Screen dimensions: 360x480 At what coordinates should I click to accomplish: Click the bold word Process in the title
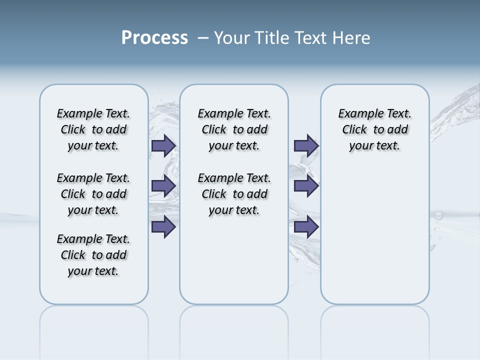pos(154,38)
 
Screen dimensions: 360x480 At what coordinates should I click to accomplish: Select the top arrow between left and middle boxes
pos(163,146)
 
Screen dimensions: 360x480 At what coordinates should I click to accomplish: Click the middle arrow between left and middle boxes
pos(163,186)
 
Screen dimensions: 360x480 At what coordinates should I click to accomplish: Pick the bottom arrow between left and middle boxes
pos(163,227)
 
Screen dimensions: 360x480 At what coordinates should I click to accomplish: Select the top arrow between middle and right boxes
pos(306,146)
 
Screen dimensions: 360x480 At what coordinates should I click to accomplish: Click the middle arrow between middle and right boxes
pos(306,186)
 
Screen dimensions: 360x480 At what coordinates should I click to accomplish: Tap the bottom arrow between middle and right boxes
pos(306,227)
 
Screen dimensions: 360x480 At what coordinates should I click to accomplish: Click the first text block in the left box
pos(93,129)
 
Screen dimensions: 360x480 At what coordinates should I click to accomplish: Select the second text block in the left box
pos(93,194)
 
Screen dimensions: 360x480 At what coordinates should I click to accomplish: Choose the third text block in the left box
pos(93,255)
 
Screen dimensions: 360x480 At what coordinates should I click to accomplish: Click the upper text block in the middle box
pos(234,129)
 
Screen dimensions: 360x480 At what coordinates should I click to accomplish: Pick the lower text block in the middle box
pos(234,194)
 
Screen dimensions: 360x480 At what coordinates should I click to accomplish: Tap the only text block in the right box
pos(374,129)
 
